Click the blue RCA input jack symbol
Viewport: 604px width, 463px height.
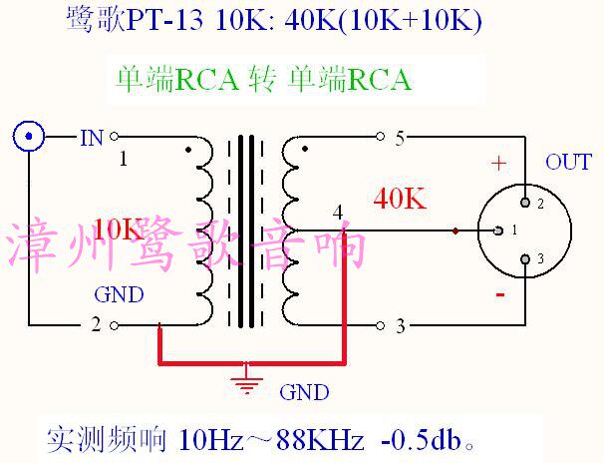[x=30, y=136]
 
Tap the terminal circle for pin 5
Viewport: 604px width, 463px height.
[x=380, y=136]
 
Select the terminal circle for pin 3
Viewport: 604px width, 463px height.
[x=380, y=325]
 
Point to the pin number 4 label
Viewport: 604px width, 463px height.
[x=339, y=212]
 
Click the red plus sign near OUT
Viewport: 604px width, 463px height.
[x=499, y=163]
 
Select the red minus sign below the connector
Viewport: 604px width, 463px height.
[x=499, y=296]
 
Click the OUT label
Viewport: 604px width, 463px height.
[x=568, y=163]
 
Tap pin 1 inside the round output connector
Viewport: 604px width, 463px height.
[x=498, y=231]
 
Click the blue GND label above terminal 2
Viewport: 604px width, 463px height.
[x=119, y=295]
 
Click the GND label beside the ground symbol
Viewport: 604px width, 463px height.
[x=304, y=392]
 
